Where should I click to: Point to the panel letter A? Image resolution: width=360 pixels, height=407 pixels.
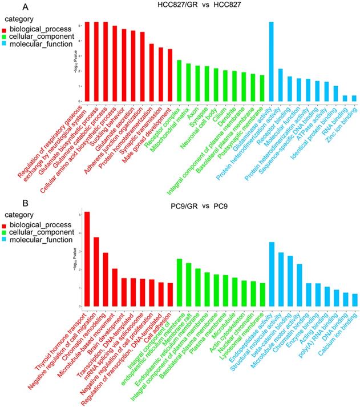[25, 7]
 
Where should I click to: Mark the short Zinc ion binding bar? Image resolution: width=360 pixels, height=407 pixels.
[354, 98]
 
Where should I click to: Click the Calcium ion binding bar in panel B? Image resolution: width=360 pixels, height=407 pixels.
[354, 299]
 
